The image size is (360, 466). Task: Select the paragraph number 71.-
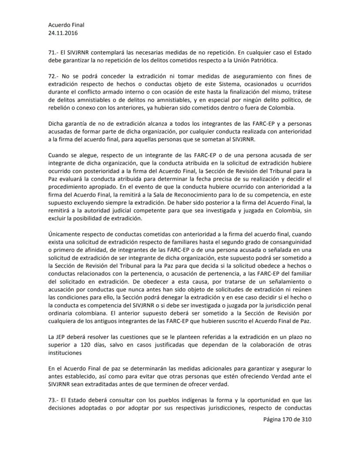click(54, 52)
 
